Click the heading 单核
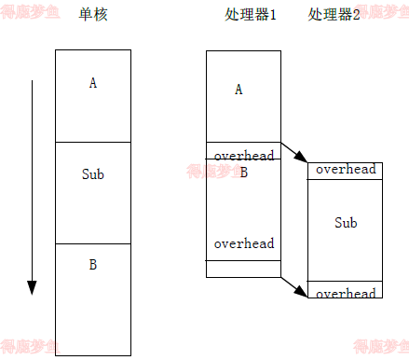[x=93, y=16]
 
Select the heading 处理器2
[x=334, y=16]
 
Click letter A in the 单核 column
[x=93, y=83]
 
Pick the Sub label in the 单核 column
[x=93, y=173]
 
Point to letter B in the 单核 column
[x=93, y=265]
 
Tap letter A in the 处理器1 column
[x=239, y=90]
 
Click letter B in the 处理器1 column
[x=244, y=172]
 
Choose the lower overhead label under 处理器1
[x=244, y=243]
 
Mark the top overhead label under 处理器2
[x=346, y=170]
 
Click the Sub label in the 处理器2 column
[x=346, y=223]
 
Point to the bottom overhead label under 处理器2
[x=346, y=293]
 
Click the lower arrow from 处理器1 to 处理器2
[x=294, y=285]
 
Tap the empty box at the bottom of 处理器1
[x=243, y=269]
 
